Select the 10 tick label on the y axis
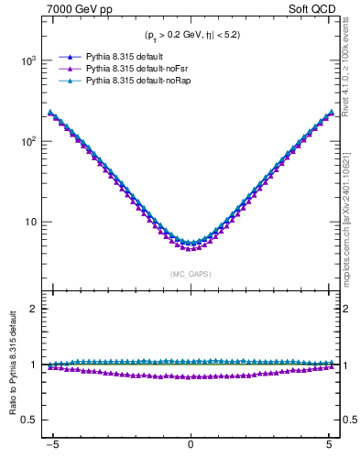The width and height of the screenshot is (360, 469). (x=32, y=222)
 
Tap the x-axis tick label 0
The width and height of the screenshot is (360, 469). (x=191, y=451)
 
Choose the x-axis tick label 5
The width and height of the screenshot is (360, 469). (x=329, y=451)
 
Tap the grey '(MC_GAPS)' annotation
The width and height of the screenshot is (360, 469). (x=190, y=274)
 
